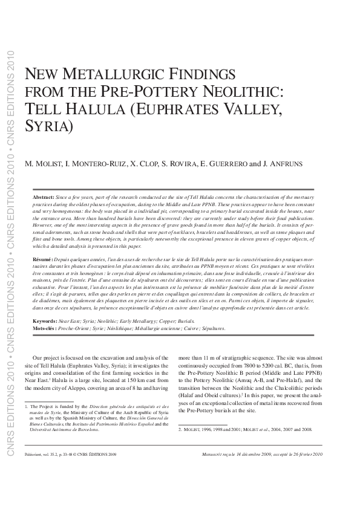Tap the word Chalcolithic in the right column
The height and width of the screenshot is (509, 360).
tap(295, 395)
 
